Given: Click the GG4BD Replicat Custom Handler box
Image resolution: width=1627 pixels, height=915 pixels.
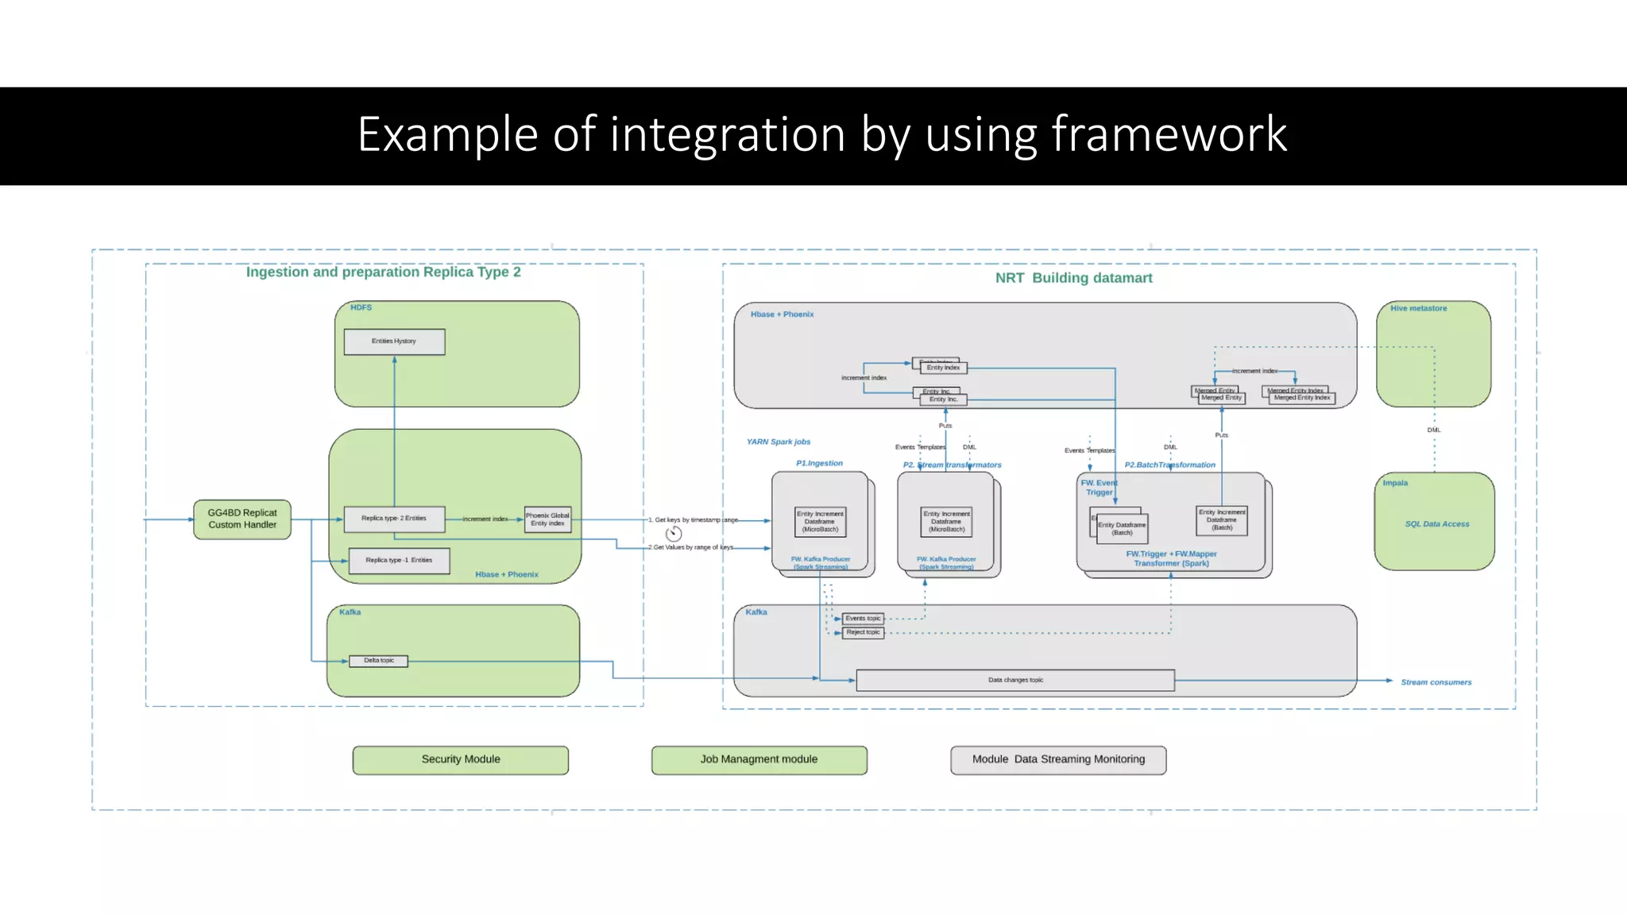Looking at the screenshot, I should pyautogui.click(x=242, y=519).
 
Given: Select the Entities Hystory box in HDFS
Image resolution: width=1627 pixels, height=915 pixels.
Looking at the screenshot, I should pyautogui.click(x=394, y=342).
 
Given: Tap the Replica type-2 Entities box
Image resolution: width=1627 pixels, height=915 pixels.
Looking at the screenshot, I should pyautogui.click(x=394, y=519).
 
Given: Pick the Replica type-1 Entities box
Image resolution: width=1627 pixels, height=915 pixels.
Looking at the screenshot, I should pyautogui.click(x=399, y=561).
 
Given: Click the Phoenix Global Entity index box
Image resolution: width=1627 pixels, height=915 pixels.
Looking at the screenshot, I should pyautogui.click(x=547, y=519).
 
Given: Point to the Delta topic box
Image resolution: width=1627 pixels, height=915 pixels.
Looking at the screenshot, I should pyautogui.click(x=379, y=661).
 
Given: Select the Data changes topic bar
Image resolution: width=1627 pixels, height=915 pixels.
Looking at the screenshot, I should pyautogui.click(x=1015, y=681).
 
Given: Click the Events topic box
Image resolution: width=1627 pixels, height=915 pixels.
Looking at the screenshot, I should pyautogui.click(x=863, y=619).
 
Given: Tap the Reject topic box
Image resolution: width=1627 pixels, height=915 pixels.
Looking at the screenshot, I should pyautogui.click(x=863, y=633).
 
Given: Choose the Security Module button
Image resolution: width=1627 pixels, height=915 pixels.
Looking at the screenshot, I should pyautogui.click(x=461, y=760).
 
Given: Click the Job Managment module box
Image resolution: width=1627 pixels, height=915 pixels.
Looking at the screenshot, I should pyautogui.click(x=759, y=760).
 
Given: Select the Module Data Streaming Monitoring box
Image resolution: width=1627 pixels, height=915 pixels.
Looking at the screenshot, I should pyautogui.click(x=1058, y=760).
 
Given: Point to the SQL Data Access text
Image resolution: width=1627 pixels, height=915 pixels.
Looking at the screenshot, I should pyautogui.click(x=1436, y=524).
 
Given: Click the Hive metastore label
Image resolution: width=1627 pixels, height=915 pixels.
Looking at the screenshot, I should pyautogui.click(x=1418, y=308).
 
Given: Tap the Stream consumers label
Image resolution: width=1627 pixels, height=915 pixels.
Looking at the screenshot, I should pyautogui.click(x=1436, y=682).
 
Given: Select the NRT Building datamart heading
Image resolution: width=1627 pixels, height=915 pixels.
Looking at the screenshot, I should pyautogui.click(x=1073, y=278).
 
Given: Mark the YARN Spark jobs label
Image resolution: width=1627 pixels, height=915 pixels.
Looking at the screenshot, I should pyautogui.click(x=778, y=442).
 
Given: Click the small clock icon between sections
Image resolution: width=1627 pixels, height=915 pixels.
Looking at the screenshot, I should pyautogui.click(x=674, y=534).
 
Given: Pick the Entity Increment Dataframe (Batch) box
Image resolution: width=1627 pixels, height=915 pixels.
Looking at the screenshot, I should pyautogui.click(x=1222, y=520).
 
